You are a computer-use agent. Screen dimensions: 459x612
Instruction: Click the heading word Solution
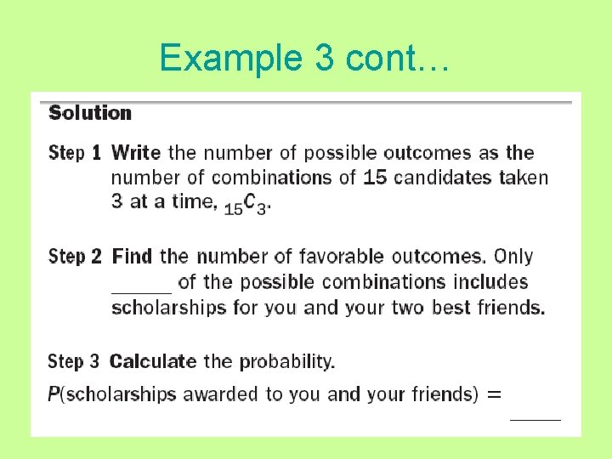click(x=90, y=113)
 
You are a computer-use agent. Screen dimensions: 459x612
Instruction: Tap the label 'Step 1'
click(x=75, y=154)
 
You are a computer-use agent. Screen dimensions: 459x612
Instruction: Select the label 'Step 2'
click(x=75, y=257)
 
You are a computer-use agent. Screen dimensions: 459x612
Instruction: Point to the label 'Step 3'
click(x=74, y=361)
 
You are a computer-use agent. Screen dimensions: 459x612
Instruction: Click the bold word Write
click(x=136, y=153)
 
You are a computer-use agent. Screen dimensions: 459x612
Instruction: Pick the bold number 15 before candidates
click(x=375, y=178)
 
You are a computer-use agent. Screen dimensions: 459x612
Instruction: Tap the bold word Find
click(x=133, y=256)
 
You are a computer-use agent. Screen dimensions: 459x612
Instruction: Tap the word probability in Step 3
click(x=286, y=361)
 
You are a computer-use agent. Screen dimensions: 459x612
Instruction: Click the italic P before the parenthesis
click(x=54, y=394)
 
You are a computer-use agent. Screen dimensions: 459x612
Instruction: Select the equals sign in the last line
click(x=494, y=394)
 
